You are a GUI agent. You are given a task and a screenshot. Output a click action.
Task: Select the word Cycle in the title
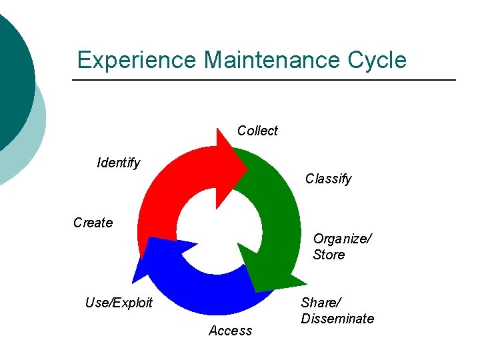point(377,60)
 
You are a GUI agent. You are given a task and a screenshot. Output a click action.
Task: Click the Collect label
point(257,131)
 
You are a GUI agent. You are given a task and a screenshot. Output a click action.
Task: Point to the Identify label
point(119,163)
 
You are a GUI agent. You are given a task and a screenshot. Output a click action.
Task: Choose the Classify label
point(328,179)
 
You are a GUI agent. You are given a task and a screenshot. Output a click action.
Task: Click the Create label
point(93,223)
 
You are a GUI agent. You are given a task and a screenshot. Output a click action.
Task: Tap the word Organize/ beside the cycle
point(343,239)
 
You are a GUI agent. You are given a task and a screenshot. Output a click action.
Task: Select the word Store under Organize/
point(329,255)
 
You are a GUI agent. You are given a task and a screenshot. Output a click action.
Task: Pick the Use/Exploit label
point(119,303)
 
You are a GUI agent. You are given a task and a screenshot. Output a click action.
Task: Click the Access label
point(230,331)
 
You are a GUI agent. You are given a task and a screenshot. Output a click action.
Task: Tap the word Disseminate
point(337,319)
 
